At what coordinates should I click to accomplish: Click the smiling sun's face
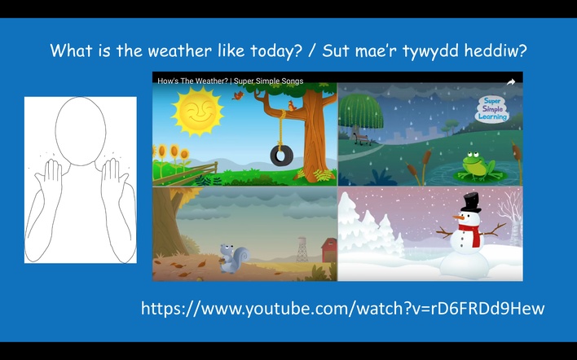tap(198, 111)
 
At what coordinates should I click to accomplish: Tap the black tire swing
tap(281, 156)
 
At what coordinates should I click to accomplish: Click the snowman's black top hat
tap(471, 202)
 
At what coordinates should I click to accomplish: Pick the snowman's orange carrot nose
tap(458, 217)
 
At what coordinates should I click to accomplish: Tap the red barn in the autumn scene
tap(329, 250)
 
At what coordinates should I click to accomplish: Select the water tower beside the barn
tap(302, 249)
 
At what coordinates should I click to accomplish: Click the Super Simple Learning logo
tap(493, 109)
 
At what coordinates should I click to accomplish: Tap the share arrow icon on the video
tap(510, 82)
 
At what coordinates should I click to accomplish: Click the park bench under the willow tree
tap(362, 139)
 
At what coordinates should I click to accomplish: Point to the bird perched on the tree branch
tap(293, 106)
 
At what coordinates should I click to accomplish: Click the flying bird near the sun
tap(238, 95)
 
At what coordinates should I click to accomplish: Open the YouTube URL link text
tap(342, 308)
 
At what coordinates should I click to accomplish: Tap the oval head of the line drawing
tap(81, 131)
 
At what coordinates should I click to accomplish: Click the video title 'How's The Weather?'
tap(192, 81)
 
